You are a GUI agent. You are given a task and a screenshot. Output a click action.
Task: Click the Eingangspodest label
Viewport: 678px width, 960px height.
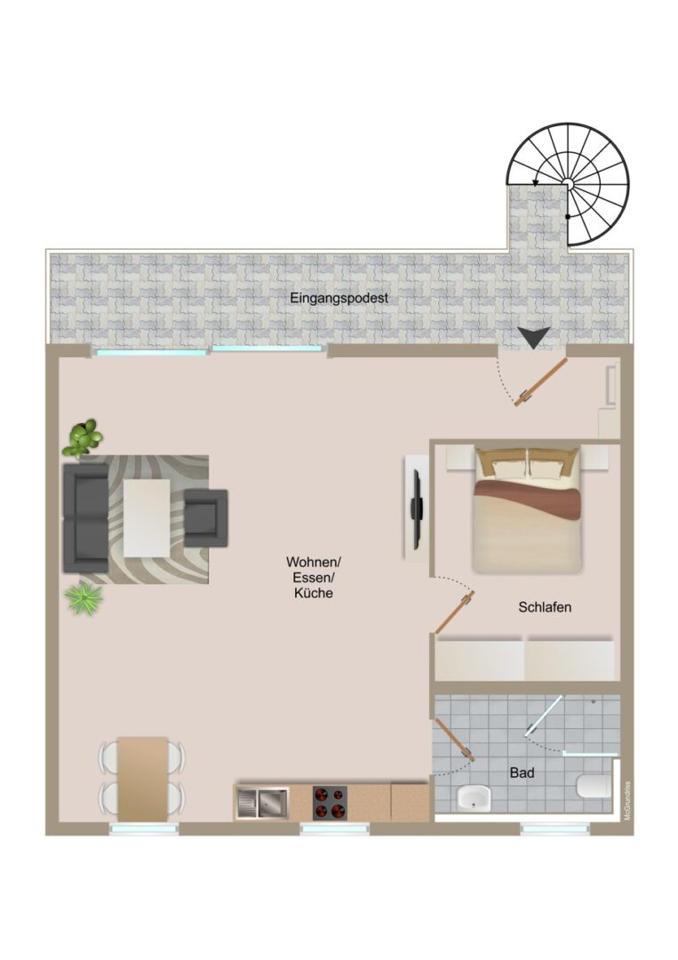339,298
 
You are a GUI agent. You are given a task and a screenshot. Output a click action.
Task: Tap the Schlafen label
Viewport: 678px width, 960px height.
545,607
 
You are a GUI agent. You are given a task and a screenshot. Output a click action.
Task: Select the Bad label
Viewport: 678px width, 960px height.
522,773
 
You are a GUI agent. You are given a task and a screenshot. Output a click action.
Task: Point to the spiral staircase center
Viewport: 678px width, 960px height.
568,183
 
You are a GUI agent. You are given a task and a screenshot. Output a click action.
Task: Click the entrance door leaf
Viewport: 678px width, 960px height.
542,382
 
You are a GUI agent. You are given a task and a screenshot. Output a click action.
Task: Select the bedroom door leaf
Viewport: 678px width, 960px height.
455,612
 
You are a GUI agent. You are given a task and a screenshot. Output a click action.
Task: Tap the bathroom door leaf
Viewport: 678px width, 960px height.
455,740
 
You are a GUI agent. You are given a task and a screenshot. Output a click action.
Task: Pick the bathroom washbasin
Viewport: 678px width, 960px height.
475,797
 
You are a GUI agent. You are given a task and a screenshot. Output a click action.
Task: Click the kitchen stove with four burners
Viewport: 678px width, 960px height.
330,803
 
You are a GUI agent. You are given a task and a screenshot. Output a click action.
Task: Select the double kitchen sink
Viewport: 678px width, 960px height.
262,803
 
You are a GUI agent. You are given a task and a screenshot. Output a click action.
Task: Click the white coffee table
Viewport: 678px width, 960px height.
147,518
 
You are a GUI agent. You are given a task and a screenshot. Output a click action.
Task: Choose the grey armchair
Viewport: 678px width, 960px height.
206,518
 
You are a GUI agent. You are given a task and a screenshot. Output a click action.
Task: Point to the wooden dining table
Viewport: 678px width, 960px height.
142,780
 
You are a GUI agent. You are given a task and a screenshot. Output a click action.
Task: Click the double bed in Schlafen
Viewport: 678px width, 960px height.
527,509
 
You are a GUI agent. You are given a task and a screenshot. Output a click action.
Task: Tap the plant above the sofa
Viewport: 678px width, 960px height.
83,438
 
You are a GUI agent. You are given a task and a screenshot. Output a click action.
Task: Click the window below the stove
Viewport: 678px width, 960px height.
335,829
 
